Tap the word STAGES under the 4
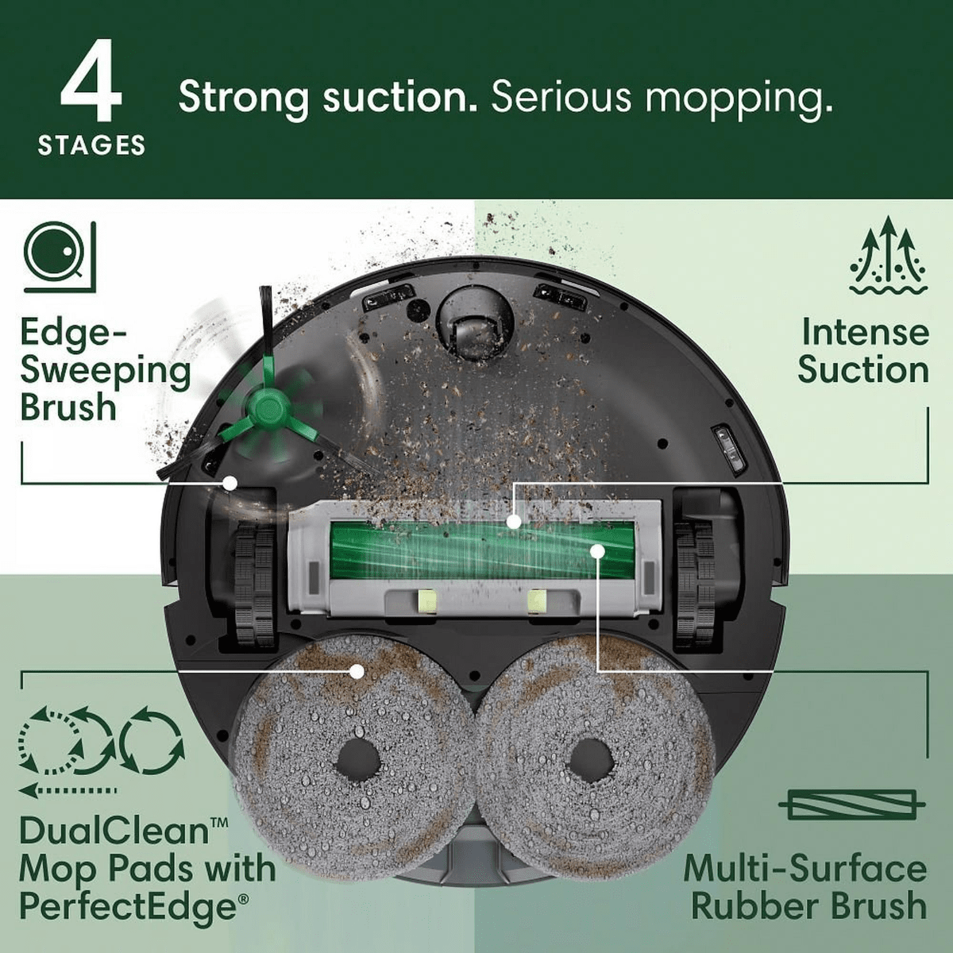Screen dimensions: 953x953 point(91,145)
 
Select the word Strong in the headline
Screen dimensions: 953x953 point(242,98)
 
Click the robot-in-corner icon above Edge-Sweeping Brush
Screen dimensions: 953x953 point(60,255)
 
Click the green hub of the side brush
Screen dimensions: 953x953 point(265,411)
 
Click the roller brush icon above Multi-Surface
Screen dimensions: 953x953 point(851,806)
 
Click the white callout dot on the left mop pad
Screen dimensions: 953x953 point(357,671)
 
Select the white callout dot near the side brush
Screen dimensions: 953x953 point(230,482)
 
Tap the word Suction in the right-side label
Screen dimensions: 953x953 point(863,370)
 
